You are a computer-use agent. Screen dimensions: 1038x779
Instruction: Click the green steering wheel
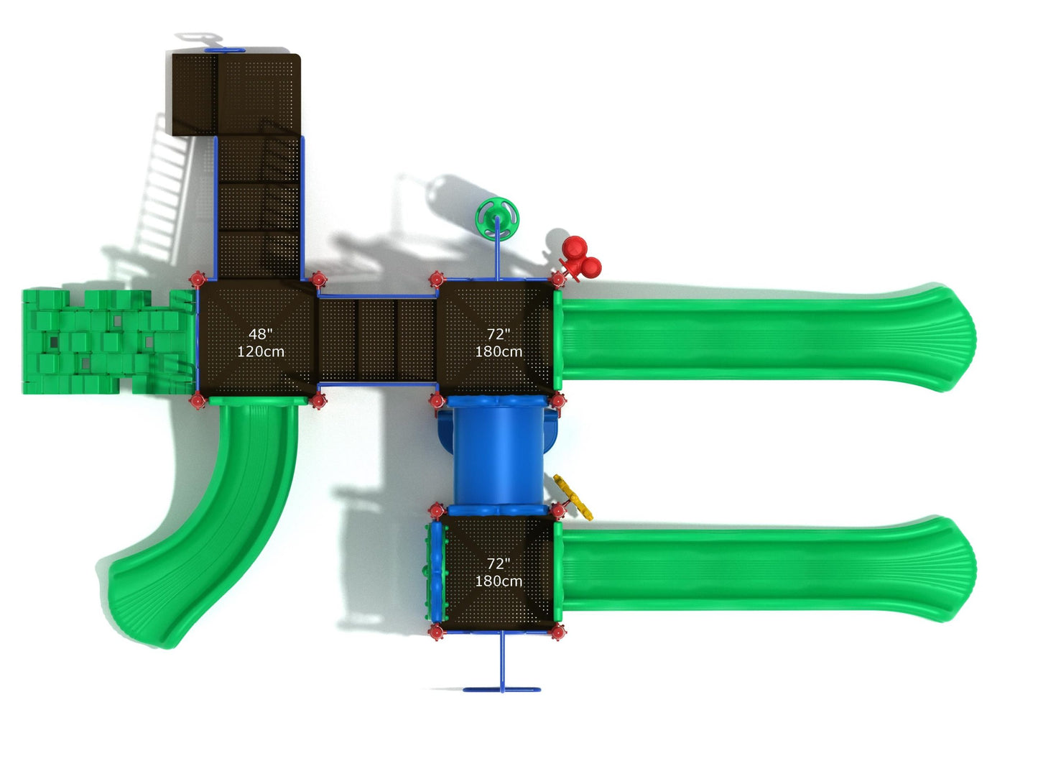497,219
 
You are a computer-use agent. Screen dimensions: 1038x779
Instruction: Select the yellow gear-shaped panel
573,497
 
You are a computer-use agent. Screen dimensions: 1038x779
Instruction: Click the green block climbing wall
108,341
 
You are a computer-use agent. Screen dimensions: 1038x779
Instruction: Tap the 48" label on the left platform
261,334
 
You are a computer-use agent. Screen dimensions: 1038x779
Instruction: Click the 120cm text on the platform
261,352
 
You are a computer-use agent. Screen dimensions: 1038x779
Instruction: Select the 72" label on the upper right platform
499,334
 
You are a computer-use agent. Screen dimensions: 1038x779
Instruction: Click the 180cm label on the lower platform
499,581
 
